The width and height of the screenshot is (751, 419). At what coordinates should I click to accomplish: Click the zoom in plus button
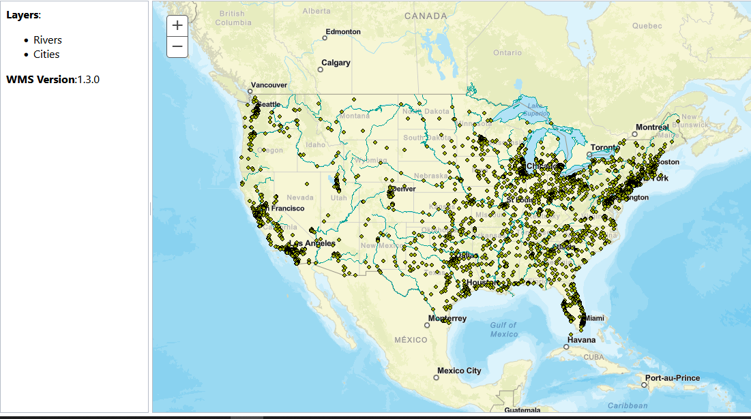point(177,25)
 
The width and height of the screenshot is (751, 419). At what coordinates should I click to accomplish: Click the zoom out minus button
point(177,46)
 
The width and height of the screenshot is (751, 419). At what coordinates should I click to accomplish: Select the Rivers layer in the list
point(48,40)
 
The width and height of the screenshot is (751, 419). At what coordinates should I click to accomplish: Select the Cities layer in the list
point(46,55)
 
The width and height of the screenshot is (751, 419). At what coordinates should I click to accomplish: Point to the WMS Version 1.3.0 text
point(53,79)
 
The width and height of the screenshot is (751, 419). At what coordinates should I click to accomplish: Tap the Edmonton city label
point(343,32)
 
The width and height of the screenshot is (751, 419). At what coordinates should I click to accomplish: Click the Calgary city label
point(336,63)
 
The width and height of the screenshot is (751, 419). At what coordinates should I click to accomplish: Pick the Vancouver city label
point(269,85)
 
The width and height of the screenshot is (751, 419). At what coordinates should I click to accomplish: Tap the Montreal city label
point(653,127)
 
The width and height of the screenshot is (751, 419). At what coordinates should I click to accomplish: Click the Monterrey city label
point(447,319)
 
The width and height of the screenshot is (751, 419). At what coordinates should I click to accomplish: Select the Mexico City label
point(459,371)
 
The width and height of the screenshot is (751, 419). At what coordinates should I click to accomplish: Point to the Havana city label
point(581,340)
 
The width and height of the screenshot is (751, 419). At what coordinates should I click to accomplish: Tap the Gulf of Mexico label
point(504,330)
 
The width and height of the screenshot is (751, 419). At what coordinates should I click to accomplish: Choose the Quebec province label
point(647,26)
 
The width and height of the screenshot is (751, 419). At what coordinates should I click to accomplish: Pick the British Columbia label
point(233,18)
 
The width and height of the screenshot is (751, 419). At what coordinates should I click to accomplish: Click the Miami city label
point(594,318)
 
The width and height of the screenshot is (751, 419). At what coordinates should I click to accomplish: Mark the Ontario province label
point(507,52)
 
